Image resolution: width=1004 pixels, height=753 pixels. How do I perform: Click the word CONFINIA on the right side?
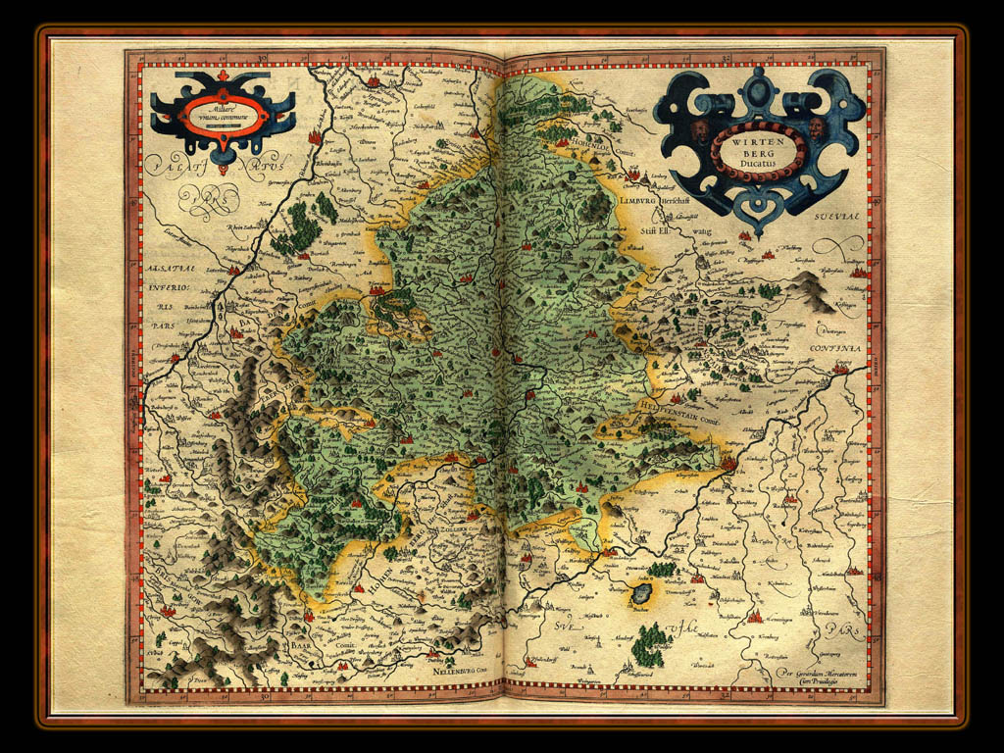click(834, 348)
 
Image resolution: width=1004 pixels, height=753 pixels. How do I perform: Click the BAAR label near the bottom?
click(301, 648)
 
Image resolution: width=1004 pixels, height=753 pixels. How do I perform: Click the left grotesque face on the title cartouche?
click(699, 130)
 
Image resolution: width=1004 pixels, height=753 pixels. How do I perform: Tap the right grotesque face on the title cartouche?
click(817, 128)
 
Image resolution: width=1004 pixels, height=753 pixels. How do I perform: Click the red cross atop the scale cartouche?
click(223, 76)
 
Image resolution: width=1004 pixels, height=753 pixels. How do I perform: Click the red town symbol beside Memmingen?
click(755, 616)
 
